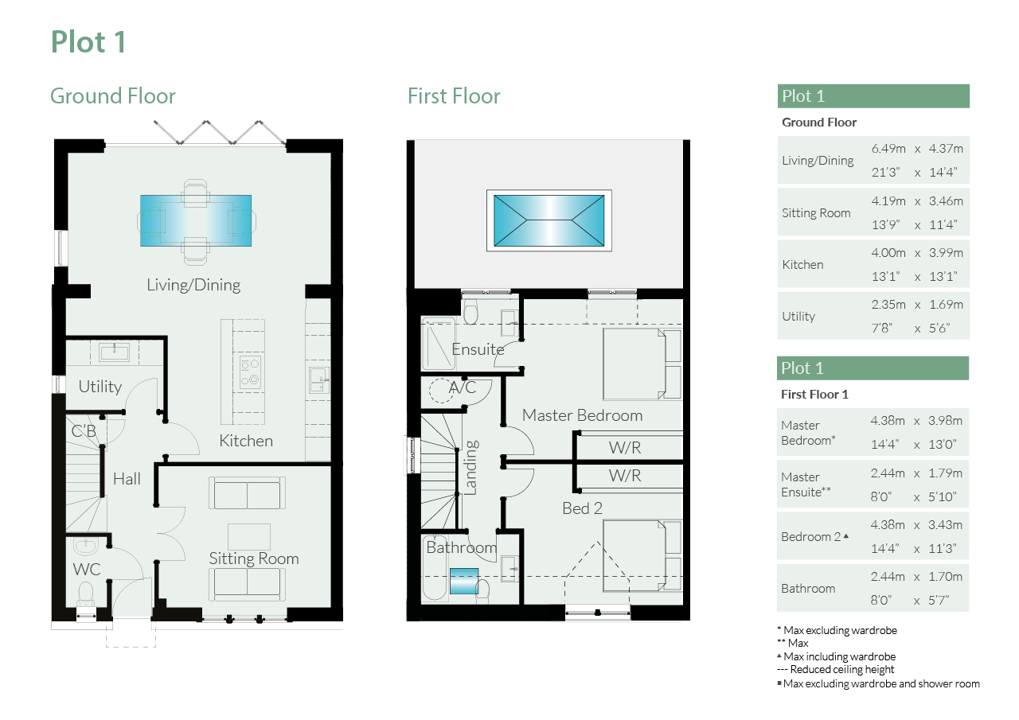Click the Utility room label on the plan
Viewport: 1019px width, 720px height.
pyautogui.click(x=100, y=387)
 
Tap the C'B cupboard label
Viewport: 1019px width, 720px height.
pyautogui.click(x=84, y=431)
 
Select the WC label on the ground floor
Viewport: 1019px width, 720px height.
pyautogui.click(x=87, y=569)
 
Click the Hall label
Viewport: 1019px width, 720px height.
pyautogui.click(x=127, y=479)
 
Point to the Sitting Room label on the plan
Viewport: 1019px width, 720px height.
pyautogui.click(x=254, y=558)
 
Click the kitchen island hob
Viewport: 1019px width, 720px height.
pyautogui.click(x=250, y=372)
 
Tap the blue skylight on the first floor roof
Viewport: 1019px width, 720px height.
pyautogui.click(x=549, y=220)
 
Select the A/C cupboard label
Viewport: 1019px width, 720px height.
pyautogui.click(x=463, y=387)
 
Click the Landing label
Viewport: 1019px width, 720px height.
pyautogui.click(x=470, y=467)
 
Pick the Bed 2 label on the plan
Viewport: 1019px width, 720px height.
pyautogui.click(x=582, y=508)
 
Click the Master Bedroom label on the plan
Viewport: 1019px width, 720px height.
pyautogui.click(x=582, y=415)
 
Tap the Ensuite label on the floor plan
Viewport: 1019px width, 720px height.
pyautogui.click(x=478, y=349)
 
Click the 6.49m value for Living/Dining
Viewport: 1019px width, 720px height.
pyautogui.click(x=888, y=149)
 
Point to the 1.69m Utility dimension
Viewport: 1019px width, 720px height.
pyautogui.click(x=946, y=305)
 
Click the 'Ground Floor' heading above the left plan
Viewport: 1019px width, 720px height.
pyautogui.click(x=113, y=96)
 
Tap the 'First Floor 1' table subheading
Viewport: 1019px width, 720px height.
pyautogui.click(x=814, y=394)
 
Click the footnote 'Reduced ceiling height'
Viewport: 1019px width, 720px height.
pyautogui.click(x=842, y=670)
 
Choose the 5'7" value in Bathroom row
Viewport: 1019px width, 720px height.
pyautogui.click(x=939, y=601)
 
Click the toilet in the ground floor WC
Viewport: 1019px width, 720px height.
pyautogui.click(x=85, y=595)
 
